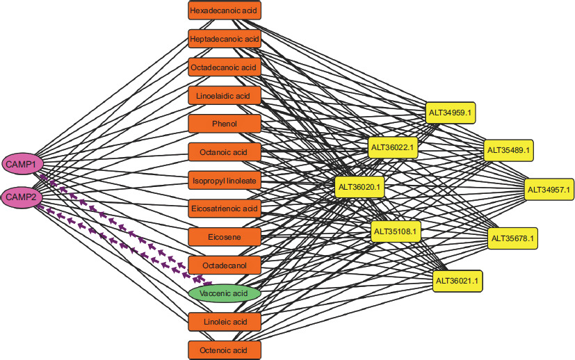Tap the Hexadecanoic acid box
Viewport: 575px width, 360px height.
click(224, 10)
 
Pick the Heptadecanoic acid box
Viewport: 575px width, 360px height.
click(224, 39)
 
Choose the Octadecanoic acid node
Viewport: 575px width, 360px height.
click(224, 67)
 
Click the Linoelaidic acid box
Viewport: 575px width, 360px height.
click(224, 95)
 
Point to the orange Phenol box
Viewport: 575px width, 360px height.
click(224, 124)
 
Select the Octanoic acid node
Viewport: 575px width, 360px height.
click(224, 152)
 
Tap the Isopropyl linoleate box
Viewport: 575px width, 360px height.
click(224, 180)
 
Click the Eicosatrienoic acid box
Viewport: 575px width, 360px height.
click(224, 208)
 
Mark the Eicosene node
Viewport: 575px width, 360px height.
click(224, 237)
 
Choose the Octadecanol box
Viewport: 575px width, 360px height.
click(224, 265)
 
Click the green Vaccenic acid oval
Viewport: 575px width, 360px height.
click(224, 294)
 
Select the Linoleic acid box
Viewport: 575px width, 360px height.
click(224, 322)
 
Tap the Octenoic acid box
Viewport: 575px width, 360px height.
click(224, 350)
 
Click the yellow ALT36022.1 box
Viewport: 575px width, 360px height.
click(393, 147)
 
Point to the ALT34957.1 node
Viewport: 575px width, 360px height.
click(549, 189)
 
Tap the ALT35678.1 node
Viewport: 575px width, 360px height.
click(512, 238)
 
